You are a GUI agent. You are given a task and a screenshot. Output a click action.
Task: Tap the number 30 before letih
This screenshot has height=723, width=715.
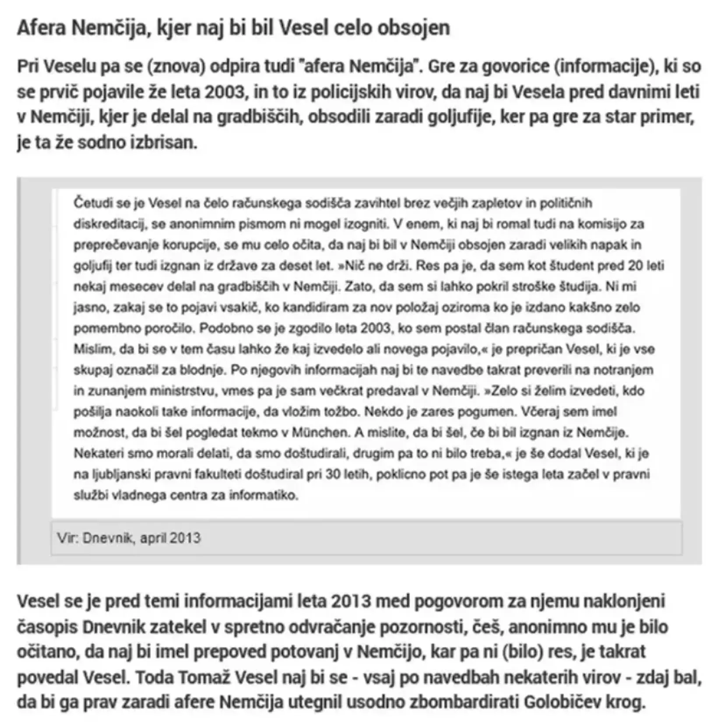[333, 474]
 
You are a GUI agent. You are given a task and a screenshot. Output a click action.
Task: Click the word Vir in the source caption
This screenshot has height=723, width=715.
[67, 538]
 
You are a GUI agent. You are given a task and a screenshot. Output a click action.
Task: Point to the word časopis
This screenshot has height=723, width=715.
[47, 627]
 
